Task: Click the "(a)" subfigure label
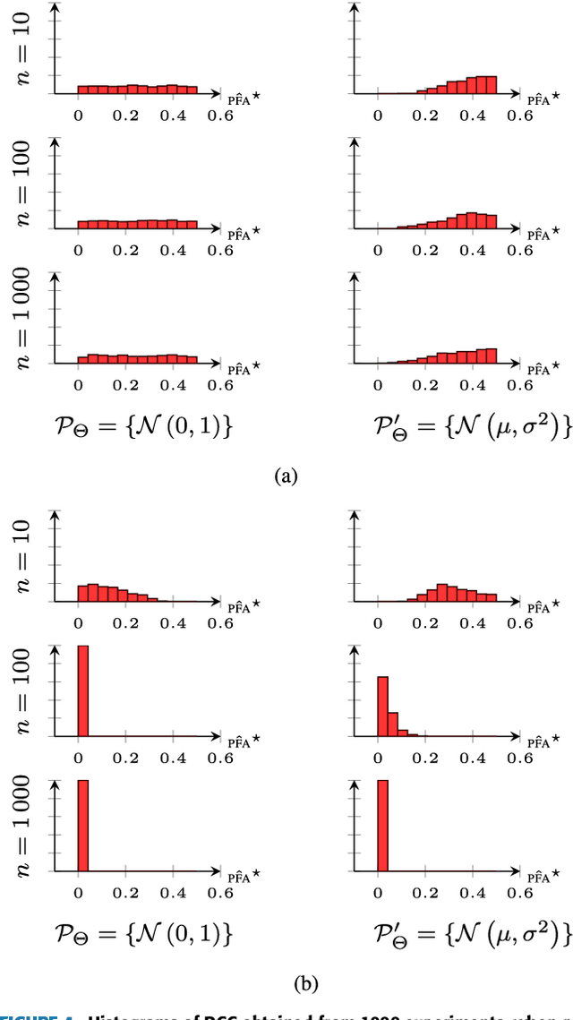pyautogui.click(x=286, y=476)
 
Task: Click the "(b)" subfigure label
pyautogui.click(x=286, y=983)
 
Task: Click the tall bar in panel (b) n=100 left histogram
pyautogui.click(x=83, y=690)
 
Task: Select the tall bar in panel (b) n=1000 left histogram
pyautogui.click(x=83, y=824)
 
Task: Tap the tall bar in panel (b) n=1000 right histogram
pyautogui.click(x=382, y=824)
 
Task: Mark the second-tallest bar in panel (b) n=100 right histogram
pyautogui.click(x=392, y=724)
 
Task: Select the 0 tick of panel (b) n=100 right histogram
pyautogui.click(x=378, y=758)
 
